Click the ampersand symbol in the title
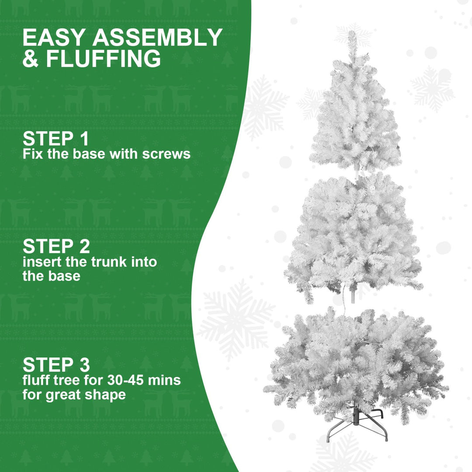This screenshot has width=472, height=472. [x=31, y=59]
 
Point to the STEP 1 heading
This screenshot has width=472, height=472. [x=56, y=139]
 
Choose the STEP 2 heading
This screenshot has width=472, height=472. [x=56, y=246]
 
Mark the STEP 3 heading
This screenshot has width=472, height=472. [x=56, y=364]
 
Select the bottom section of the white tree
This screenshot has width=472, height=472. [x=356, y=363]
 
